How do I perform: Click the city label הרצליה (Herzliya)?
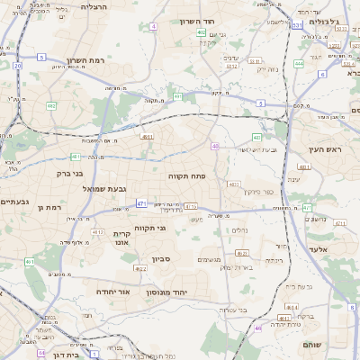tap(94, 6)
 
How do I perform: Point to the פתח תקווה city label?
tap(187, 176)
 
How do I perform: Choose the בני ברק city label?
tap(69, 173)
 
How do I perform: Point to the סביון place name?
tap(162, 259)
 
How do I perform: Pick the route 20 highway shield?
tap(17, 66)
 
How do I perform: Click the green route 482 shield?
tap(51, 106)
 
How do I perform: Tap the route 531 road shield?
tap(296, 26)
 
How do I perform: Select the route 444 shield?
tap(299, 64)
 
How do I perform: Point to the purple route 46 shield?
tap(259, 328)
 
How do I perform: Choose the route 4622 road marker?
tap(140, 268)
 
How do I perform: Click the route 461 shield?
tap(30, 262)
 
